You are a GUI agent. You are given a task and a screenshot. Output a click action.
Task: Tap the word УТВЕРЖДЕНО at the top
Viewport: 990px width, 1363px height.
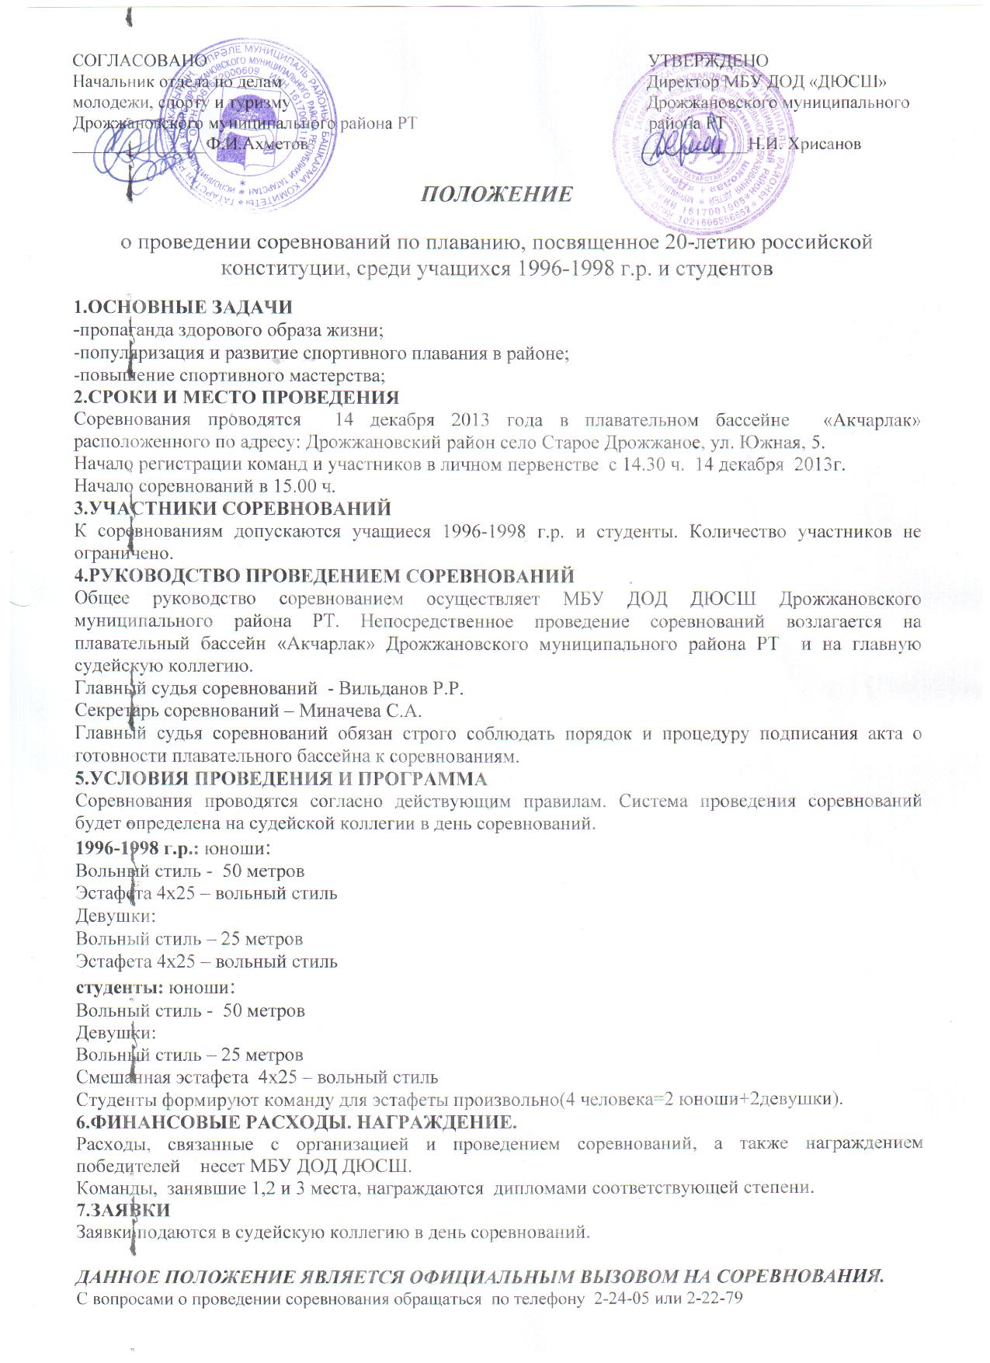pyautogui.click(x=708, y=61)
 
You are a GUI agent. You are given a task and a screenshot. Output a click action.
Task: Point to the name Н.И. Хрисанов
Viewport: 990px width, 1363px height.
pyautogui.click(x=804, y=144)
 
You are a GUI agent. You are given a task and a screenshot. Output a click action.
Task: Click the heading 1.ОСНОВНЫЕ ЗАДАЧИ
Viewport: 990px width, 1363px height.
pyautogui.click(x=182, y=308)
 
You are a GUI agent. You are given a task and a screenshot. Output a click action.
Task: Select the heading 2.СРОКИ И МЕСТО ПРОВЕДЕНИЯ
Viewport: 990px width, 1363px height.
pyautogui.click(x=236, y=398)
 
